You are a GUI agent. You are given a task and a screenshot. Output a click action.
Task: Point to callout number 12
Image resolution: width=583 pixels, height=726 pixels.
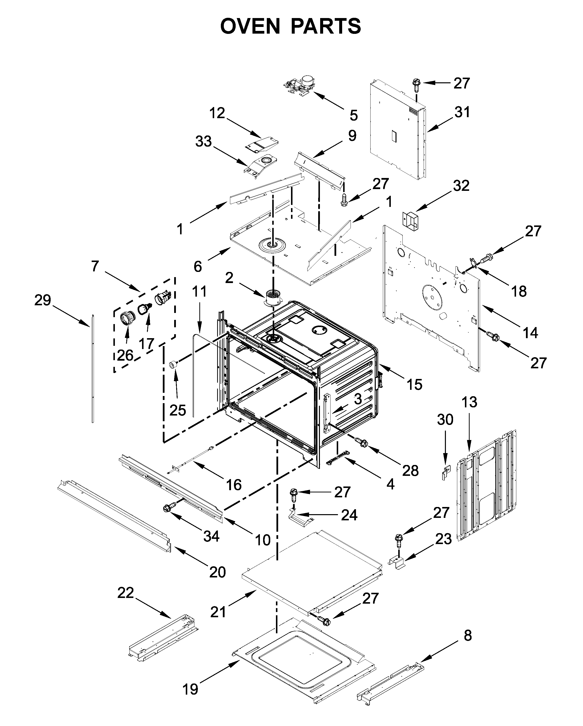[x=217, y=113]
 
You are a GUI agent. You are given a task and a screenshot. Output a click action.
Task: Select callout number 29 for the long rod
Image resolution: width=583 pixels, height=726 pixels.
[x=43, y=300]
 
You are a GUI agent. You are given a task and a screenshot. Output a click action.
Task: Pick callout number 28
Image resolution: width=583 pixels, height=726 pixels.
[x=410, y=470]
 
